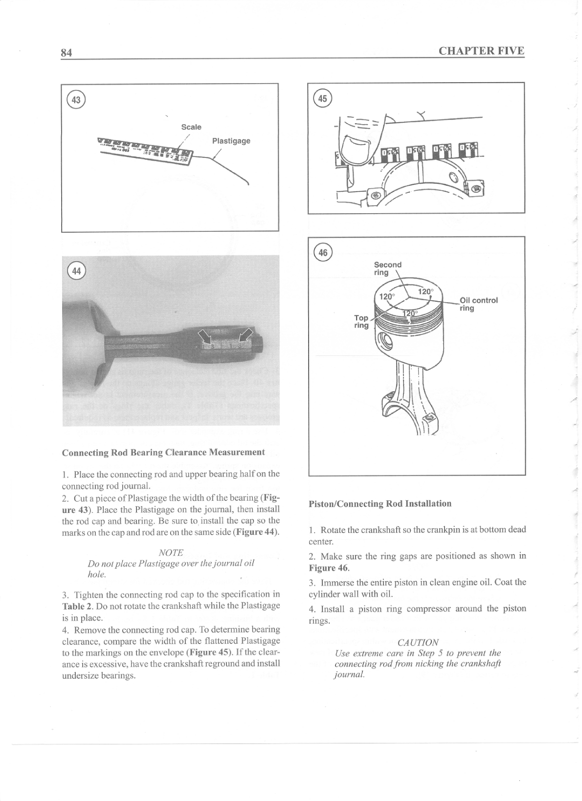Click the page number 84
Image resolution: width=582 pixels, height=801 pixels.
coord(67,53)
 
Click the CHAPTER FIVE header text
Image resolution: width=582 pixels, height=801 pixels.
coord(481,51)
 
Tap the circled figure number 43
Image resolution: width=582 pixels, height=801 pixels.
coord(76,100)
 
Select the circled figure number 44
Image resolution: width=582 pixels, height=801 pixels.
coord(76,272)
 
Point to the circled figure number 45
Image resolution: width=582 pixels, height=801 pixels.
coord(322,98)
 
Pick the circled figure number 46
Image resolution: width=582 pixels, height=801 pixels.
coord(323,252)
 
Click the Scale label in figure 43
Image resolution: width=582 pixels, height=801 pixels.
coord(191,127)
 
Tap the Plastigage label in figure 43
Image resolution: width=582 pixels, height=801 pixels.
coord(231,141)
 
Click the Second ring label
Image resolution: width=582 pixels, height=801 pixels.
coord(387,268)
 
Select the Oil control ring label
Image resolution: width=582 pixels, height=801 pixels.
coord(478,304)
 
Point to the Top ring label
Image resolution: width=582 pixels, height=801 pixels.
coord(361,321)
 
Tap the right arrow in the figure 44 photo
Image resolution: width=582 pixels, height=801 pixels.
coord(246,336)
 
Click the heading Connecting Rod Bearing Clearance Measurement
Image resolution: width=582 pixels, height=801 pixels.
coord(163,452)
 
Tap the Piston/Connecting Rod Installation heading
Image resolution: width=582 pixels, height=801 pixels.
coord(380,504)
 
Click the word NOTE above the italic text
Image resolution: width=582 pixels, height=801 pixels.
coord(171,553)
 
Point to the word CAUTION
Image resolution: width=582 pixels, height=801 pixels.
coord(418,642)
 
